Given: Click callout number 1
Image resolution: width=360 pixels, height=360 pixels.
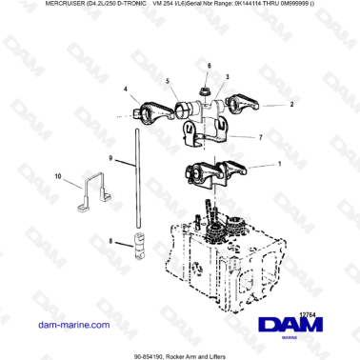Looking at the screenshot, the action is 252,164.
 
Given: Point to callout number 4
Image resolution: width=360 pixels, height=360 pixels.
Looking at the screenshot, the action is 125,90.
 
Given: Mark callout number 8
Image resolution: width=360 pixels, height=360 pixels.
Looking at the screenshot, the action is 110,242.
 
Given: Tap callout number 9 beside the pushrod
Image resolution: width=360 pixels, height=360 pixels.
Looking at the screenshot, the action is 110,158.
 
